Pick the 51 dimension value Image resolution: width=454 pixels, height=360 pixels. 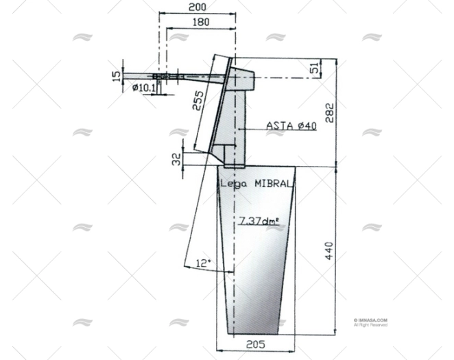(x=315, y=68)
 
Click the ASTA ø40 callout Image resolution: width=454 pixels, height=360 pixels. (x=291, y=126)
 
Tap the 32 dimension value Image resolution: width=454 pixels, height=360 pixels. (x=176, y=159)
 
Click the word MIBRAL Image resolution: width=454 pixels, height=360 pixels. (x=273, y=184)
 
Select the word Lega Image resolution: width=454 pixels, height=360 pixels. (x=232, y=184)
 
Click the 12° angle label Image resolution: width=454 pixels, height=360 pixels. (x=204, y=263)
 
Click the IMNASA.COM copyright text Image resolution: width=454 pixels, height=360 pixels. (x=371, y=320)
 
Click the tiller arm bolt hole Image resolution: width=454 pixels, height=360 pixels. (x=165, y=76)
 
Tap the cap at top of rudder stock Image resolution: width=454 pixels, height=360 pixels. (x=241, y=80)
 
